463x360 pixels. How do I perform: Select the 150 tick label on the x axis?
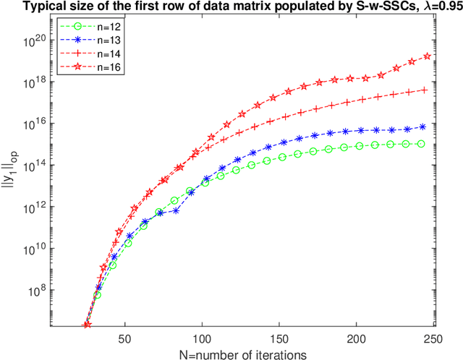(279, 338)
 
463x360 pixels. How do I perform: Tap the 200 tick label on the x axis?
(357, 338)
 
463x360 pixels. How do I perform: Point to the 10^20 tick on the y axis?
(34, 40)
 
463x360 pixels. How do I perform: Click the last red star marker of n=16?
(427, 56)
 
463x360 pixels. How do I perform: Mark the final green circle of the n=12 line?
(422, 145)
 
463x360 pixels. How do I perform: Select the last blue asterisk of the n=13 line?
(422, 126)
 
